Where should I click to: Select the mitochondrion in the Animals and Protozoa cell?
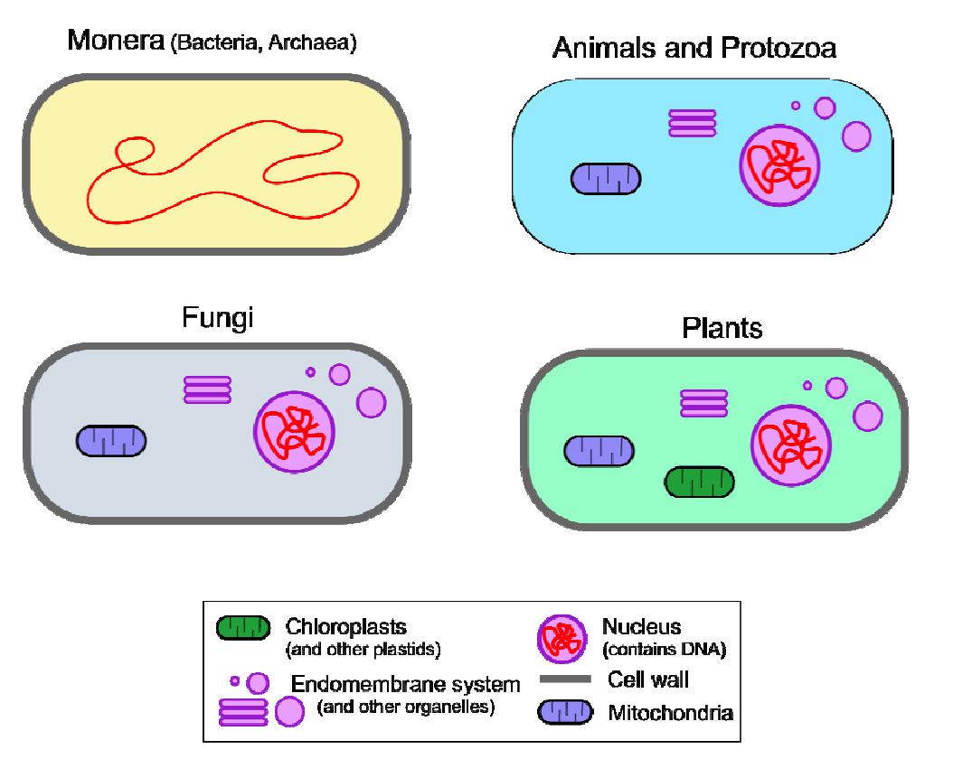[606, 179]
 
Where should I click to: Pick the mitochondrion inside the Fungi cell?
[111, 441]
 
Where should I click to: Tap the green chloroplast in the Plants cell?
[699, 483]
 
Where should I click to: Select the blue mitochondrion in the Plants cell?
[599, 450]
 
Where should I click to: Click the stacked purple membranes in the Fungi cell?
[207, 389]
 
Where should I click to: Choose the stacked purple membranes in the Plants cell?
[703, 402]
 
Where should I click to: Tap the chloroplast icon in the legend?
[242, 627]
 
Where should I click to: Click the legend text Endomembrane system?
[405, 685]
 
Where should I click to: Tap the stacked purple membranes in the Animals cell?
[692, 122]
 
